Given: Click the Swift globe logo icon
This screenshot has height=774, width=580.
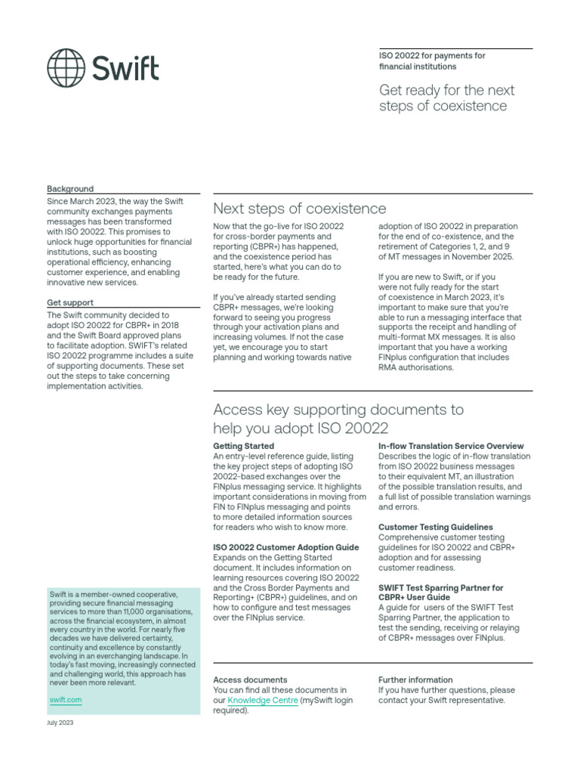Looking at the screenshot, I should coord(66,68).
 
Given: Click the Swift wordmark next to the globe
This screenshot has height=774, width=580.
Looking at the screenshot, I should coord(125,68).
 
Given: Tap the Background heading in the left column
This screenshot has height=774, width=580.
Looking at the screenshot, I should coord(70,189).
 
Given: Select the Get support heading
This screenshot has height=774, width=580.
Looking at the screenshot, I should coord(70,303).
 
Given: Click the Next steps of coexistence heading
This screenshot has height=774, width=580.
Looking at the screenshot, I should coord(299,209).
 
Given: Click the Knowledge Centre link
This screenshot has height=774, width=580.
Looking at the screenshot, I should coord(263,701).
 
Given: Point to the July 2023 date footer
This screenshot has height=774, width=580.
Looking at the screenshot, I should coord(60,723).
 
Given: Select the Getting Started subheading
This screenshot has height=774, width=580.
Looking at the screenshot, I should coord(244,447).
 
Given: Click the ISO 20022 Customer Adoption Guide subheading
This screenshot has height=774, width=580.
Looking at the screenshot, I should coord(286,546).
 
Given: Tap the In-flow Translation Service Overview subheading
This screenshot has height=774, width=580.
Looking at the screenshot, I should coord(451,447).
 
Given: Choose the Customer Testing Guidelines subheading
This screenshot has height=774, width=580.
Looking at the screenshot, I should coord(436,527).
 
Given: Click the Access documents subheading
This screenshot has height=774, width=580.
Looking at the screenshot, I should coord(250,680).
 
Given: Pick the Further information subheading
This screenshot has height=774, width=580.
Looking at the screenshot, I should coord(415,680).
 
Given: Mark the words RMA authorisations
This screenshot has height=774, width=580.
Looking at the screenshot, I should coord(416,367).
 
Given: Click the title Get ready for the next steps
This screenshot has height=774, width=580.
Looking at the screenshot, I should coord(446,98).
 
